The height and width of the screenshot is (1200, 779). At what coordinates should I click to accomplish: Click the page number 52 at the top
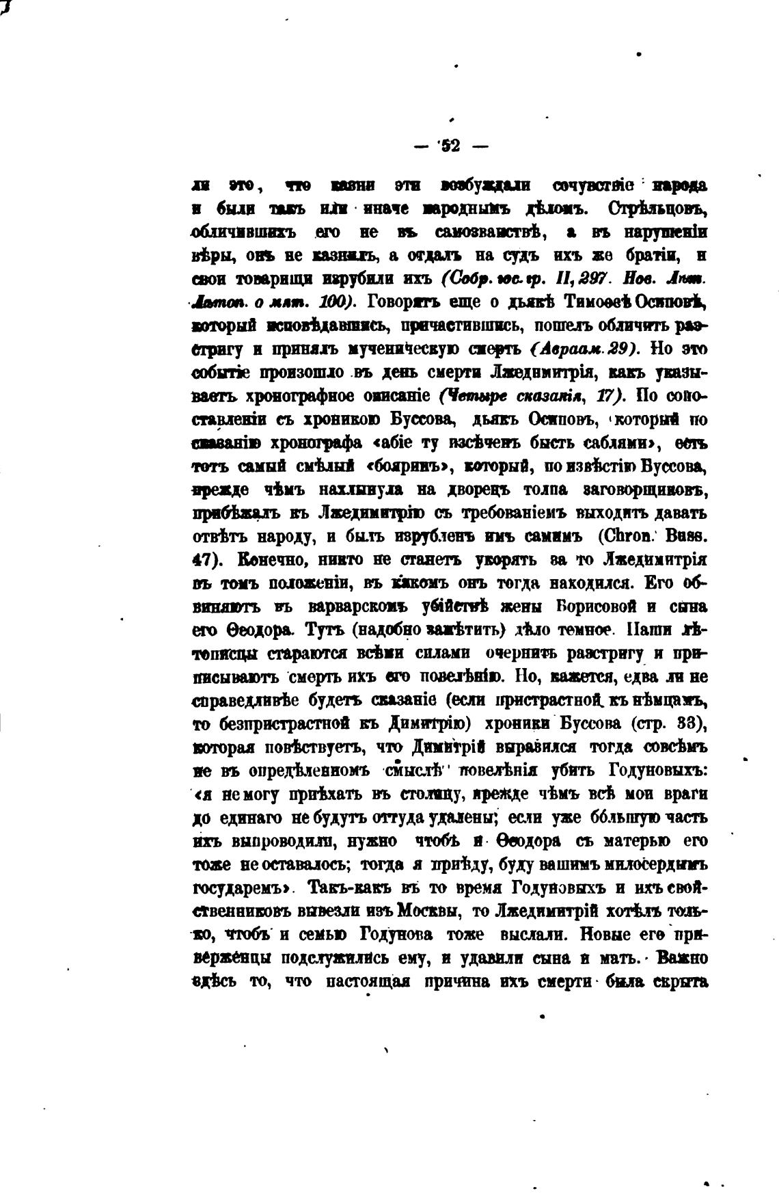[451, 146]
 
